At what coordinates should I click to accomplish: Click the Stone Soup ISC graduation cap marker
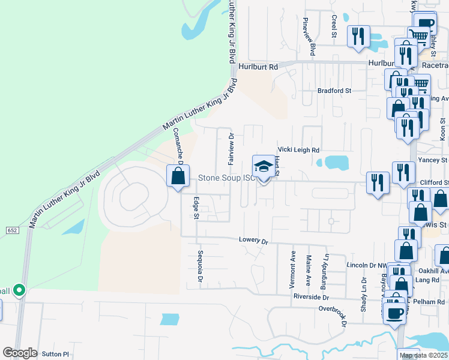pos(262,167)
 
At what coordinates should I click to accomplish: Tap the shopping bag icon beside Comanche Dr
pos(178,176)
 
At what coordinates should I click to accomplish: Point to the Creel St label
pos(334,26)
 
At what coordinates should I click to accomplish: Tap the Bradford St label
pos(334,91)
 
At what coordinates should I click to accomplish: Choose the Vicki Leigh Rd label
pos(298,150)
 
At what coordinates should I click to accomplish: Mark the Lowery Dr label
pos(252,240)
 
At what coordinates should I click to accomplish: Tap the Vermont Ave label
pos(294,264)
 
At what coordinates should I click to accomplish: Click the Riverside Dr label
pos(311,297)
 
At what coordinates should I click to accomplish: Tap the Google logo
pos(20,353)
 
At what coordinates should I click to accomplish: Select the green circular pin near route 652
pos(19,291)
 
